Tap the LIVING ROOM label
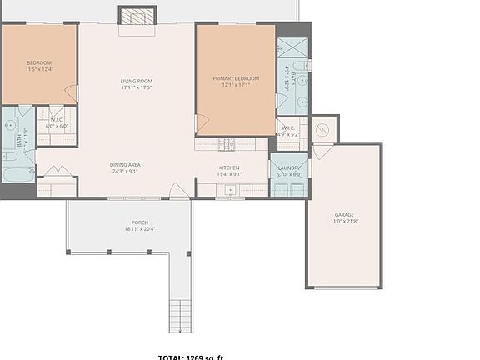tap(136, 81)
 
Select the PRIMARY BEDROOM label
tap(236, 78)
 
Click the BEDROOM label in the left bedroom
tap(39, 63)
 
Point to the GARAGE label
tap(344, 214)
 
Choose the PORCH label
tap(139, 222)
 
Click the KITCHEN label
tap(229, 168)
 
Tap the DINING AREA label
tap(125, 165)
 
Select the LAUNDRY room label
tap(288, 168)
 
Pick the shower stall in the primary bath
tap(292, 47)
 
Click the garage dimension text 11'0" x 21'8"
tap(344, 222)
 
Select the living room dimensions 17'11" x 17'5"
tap(136, 87)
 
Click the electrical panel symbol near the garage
tap(325, 129)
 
